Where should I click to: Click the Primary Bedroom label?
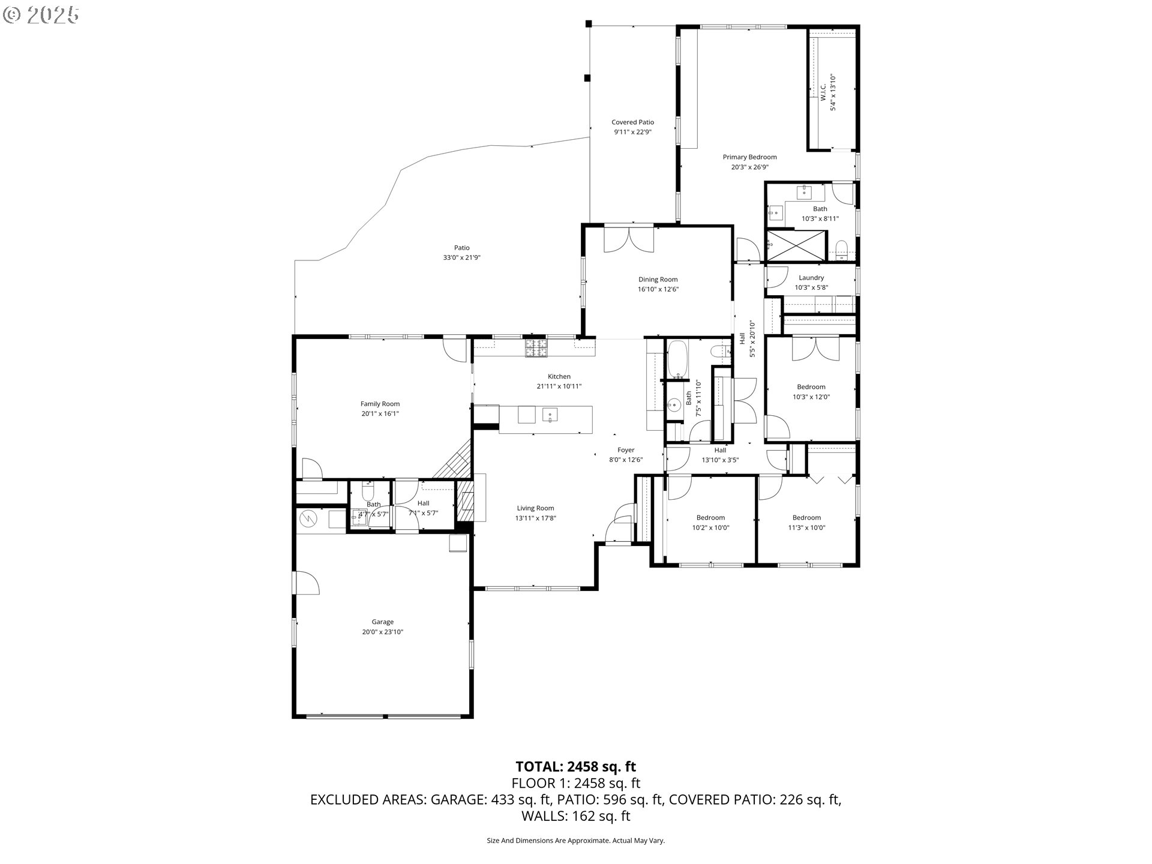tap(749, 157)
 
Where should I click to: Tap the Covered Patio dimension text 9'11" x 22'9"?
tap(632, 132)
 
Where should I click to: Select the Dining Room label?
tap(658, 280)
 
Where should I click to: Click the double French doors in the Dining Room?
tap(628, 239)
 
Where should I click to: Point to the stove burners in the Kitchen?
tap(536, 349)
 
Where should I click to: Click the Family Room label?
tap(380, 404)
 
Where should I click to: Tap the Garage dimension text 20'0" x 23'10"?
tap(383, 632)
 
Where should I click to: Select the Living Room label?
tap(536, 508)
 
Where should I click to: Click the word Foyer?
tap(626, 450)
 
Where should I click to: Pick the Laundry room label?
tap(811, 278)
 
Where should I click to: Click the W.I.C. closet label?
tap(823, 92)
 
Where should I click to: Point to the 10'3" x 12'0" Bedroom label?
tap(811, 387)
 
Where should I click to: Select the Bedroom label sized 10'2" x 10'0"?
tap(710, 518)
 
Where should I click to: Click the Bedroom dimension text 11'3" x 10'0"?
tap(806, 528)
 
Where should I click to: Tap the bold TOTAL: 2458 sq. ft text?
tap(576, 766)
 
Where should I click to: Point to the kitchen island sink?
tap(550, 415)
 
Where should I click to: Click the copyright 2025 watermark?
tap(41, 14)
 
